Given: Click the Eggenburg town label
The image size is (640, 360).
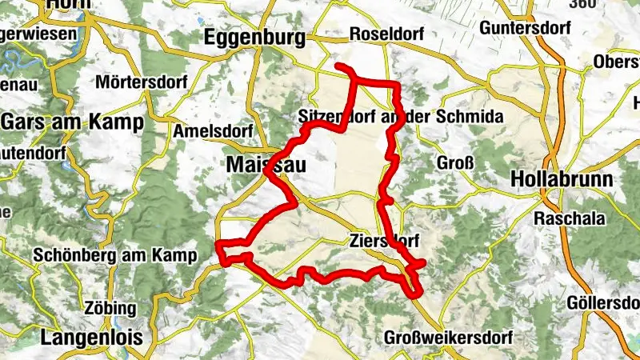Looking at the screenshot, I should click(254, 37).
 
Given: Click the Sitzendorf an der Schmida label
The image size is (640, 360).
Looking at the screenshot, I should click(400, 117).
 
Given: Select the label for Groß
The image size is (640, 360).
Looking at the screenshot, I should click(456, 163).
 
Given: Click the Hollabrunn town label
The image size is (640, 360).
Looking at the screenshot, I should click(562, 178).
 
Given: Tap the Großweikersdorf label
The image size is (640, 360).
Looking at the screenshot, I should click(445, 337).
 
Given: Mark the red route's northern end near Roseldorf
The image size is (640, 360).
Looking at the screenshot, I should click(339, 66).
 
